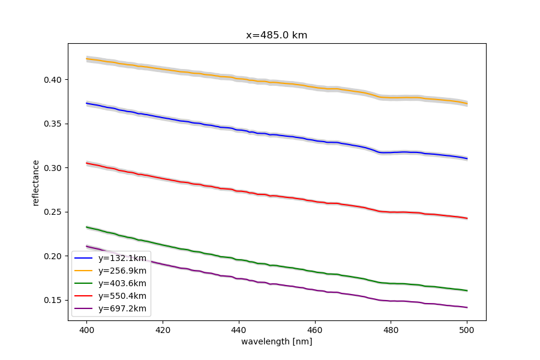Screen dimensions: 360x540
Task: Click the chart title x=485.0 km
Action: tap(277, 35)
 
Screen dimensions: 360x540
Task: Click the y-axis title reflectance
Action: tap(36, 182)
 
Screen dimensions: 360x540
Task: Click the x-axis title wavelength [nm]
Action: tap(277, 341)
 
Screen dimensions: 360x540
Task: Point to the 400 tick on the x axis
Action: tap(87, 329)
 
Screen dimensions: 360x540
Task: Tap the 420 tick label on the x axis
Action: tap(163, 329)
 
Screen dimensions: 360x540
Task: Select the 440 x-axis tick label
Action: tap(239, 329)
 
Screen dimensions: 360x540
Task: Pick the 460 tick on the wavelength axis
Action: tap(315, 329)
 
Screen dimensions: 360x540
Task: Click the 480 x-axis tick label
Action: tap(391, 329)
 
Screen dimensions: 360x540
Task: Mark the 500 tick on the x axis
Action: tap(467, 329)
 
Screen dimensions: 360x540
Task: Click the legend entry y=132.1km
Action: tap(122, 258)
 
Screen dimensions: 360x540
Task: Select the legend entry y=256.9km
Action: tap(122, 271)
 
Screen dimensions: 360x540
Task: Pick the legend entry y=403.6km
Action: tap(122, 284)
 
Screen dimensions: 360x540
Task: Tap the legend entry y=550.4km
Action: tap(122, 296)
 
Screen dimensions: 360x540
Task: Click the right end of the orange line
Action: tap(467, 103)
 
